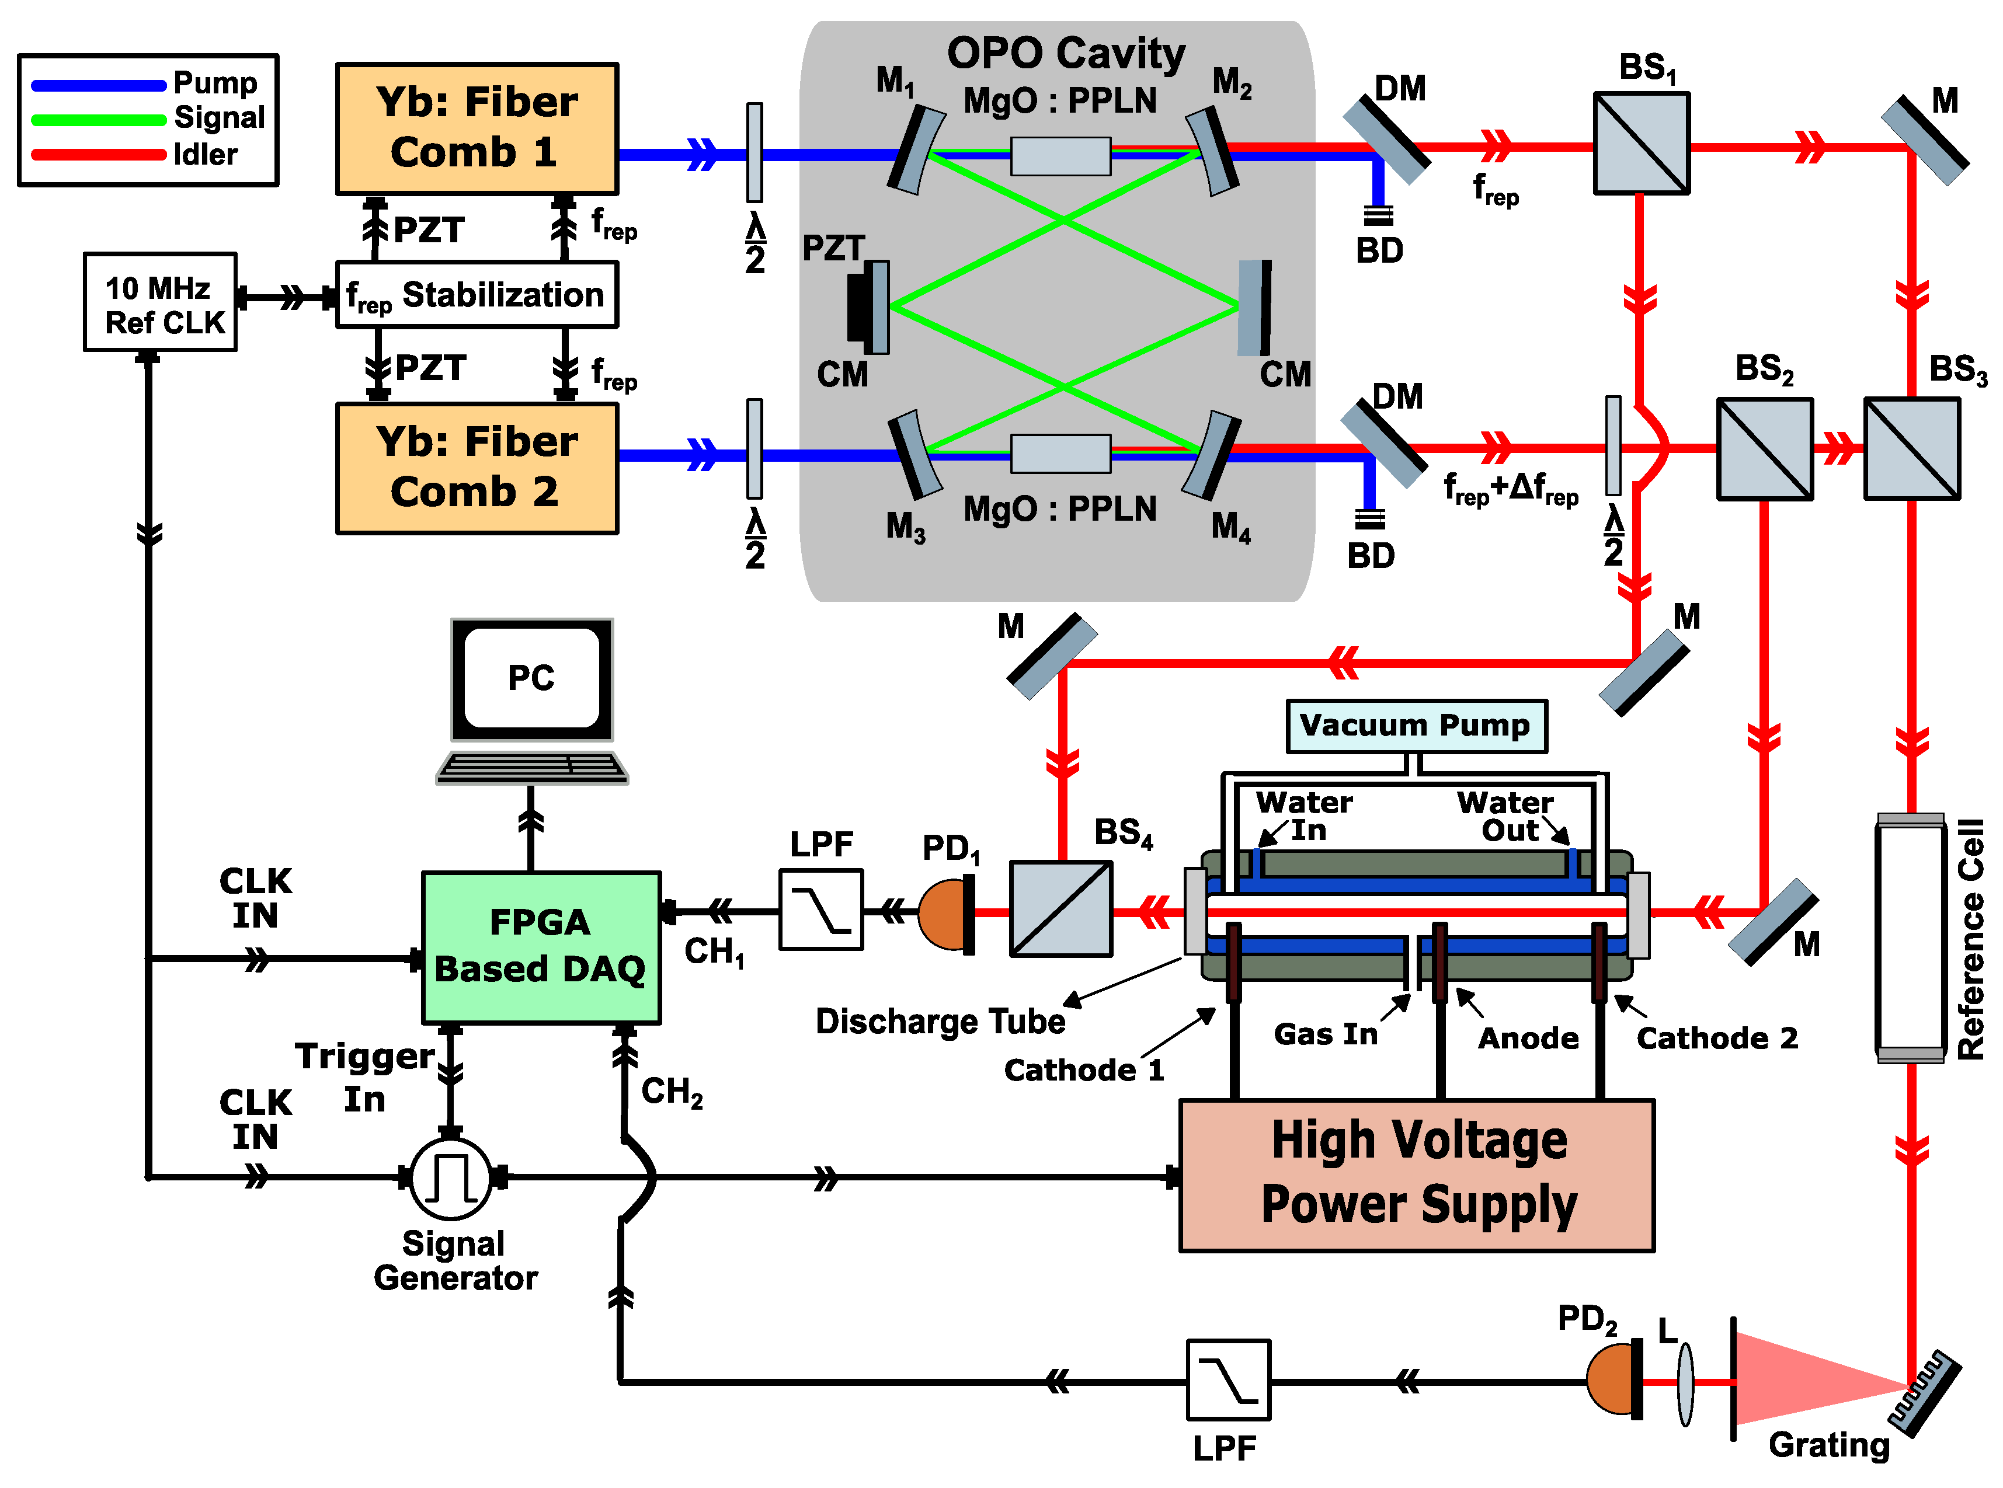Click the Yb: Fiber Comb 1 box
476,128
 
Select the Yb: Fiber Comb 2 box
476,468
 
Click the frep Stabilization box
476,295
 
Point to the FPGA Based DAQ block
541,947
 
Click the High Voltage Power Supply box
1417,1175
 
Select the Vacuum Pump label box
1416,725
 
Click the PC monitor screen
531,677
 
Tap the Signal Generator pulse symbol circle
450,1177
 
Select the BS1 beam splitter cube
1641,142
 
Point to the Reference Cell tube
1910,938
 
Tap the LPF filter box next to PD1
821,909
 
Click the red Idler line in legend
99,154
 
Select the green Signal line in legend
99,119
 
